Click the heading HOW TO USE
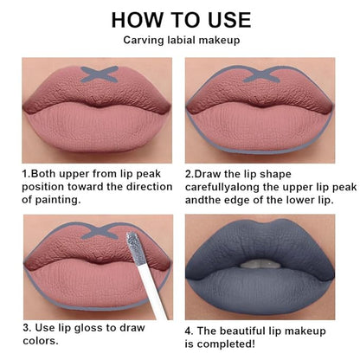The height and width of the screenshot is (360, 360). (181, 20)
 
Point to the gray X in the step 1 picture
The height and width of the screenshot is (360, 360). (100, 74)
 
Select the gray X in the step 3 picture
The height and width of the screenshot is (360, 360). (100, 233)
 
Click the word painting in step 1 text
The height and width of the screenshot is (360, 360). (58, 200)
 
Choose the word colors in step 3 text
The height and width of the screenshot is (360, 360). (41, 341)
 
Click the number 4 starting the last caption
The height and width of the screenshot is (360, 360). (189, 331)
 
